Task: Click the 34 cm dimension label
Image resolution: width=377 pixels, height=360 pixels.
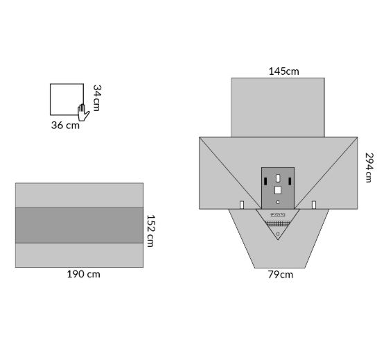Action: coord(97,98)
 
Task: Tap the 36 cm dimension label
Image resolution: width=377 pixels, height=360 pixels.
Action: coord(65,125)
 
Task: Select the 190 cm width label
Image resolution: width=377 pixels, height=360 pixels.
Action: coord(83,274)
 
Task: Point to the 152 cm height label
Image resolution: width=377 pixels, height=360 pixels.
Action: coord(150,231)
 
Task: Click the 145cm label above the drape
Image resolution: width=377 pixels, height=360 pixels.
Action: coord(283,71)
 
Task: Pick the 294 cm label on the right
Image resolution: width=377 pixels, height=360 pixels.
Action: coord(369,168)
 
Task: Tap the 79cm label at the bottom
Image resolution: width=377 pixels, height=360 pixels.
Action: coord(281,275)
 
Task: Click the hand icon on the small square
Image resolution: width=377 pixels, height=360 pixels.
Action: coord(83,112)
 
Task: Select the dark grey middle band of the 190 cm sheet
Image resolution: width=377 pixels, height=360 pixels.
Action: coord(79,225)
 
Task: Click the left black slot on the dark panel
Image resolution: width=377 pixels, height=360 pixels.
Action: coord(265,181)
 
